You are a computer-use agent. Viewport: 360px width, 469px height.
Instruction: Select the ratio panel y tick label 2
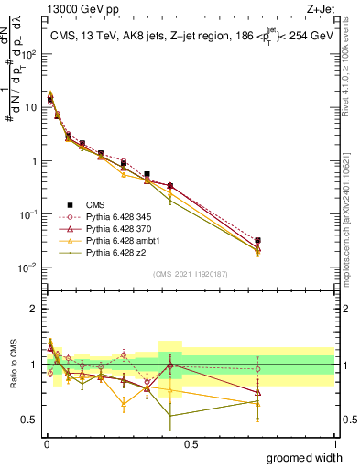pyautogui.click(x=31, y=309)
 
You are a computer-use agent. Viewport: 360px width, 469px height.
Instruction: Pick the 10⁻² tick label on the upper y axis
pyautogui.click(x=27, y=267)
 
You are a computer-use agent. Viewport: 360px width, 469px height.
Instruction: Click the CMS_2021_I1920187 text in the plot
pyautogui.click(x=190, y=274)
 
